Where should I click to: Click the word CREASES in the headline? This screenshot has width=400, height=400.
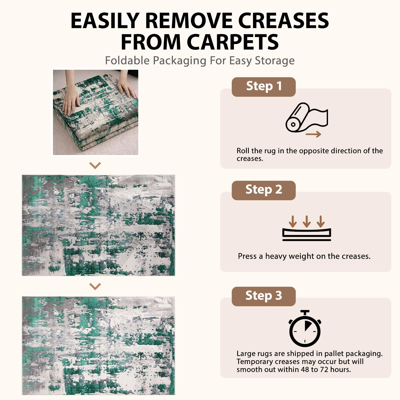[x=283, y=20]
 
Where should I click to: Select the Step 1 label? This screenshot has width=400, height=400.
[x=264, y=86]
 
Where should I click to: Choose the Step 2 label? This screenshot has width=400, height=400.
[x=264, y=190]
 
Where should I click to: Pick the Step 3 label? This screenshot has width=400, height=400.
[x=264, y=296]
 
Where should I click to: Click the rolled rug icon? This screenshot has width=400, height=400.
[x=306, y=117]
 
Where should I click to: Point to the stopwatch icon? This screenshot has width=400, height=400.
[x=305, y=328]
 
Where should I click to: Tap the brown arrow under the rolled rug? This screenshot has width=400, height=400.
[x=313, y=134]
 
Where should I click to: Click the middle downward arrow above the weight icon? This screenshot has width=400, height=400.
[x=307, y=221]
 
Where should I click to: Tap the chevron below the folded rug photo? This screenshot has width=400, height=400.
[x=95, y=165]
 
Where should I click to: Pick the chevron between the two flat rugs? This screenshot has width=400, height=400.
[x=95, y=286]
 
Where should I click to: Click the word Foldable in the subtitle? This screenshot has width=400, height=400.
[x=127, y=61]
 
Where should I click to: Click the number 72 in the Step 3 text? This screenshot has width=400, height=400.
[x=323, y=369]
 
